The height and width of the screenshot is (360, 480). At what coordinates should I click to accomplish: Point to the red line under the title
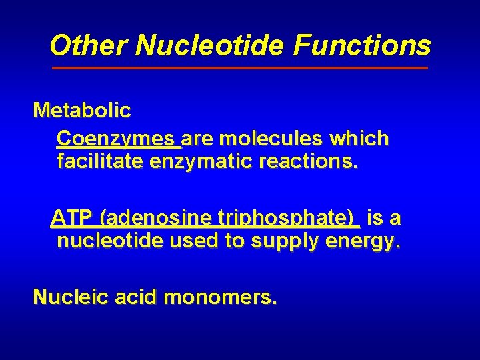pyautogui.click(x=240, y=68)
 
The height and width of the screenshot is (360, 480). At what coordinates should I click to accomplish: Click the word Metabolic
pyautogui.click(x=82, y=110)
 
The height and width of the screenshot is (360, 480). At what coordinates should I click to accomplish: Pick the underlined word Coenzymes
pyautogui.click(x=117, y=139)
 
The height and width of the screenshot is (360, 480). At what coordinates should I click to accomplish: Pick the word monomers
pyautogui.click(x=219, y=297)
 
